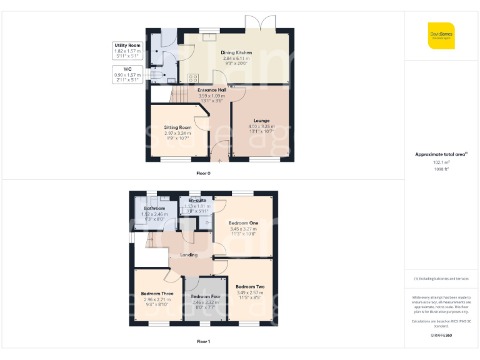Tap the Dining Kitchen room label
point(236,53)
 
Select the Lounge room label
point(261,121)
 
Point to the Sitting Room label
point(177,127)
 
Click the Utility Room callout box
point(127,51)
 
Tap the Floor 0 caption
point(203,173)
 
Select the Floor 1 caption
point(203,342)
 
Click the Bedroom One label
point(243,223)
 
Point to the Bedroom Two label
point(249,287)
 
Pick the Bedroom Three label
point(157,293)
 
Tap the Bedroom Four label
point(206,296)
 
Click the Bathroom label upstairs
point(154,208)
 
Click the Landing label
point(189,255)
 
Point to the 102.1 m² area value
point(441,162)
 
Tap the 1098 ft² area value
point(441,168)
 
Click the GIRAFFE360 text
point(441,336)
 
